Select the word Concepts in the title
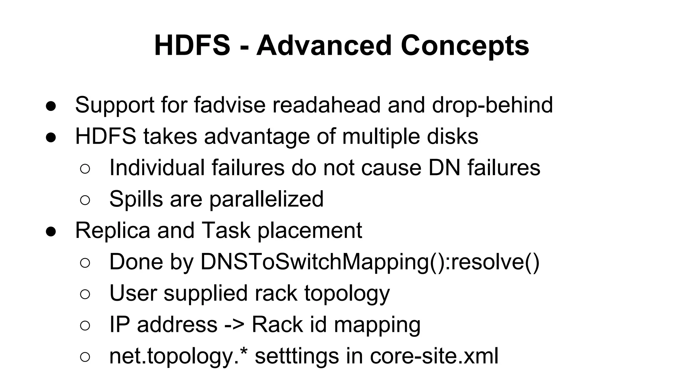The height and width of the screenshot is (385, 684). tap(465, 46)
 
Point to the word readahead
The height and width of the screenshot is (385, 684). tap(326, 105)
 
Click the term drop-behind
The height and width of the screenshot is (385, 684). tap(492, 105)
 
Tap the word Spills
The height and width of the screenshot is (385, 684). tap(136, 199)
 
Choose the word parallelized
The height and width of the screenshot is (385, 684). tap(267, 199)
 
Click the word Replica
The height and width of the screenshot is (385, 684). tap(113, 230)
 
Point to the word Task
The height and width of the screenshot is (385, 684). tap(226, 230)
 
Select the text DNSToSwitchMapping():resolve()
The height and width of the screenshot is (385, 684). tap(370, 262)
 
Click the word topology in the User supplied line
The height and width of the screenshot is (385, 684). tap(347, 293)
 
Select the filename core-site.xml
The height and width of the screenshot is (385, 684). tap(434, 356)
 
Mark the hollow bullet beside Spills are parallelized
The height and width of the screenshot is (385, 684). tap(85, 200)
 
